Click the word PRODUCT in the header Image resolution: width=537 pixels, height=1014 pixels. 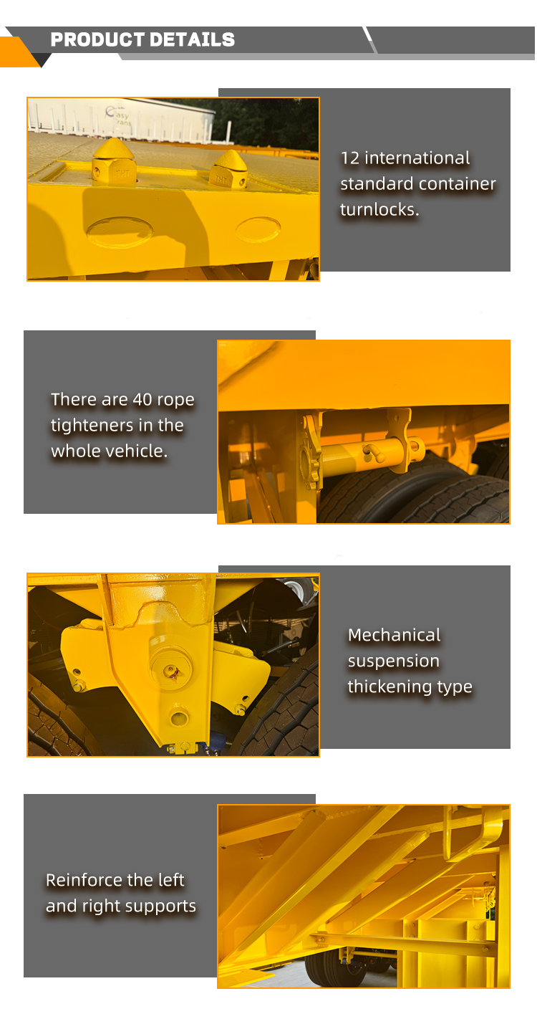tap(94, 40)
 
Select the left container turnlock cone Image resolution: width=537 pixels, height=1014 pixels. tap(113, 161)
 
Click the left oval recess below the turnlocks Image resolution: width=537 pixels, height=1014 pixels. tap(120, 231)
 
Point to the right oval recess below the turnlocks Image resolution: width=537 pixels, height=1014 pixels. tap(258, 229)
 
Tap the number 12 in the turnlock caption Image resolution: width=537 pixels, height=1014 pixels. tap(349, 158)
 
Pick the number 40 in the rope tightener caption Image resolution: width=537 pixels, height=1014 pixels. tap(142, 400)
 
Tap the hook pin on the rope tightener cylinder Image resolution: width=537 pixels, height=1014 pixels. tap(372, 452)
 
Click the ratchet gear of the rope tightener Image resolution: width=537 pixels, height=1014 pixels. tap(311, 454)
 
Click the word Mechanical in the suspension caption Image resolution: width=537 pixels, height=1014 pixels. tap(394, 635)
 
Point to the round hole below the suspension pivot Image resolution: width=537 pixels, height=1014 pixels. tap(179, 717)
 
